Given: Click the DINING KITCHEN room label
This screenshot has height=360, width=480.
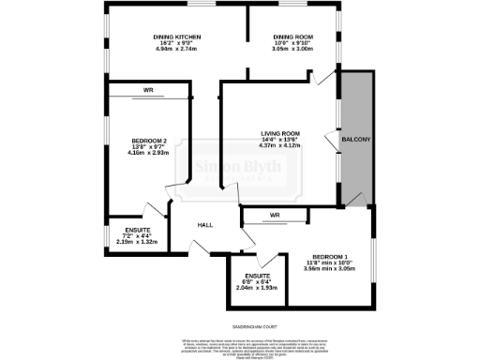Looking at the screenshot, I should [x=177, y=37].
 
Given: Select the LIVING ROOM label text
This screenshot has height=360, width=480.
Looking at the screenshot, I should [x=279, y=134].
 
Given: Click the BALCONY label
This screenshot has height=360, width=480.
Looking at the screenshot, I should [x=356, y=140].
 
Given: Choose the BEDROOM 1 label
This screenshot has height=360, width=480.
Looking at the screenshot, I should [x=330, y=256].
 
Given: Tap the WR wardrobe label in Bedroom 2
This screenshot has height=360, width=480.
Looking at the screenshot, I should [x=148, y=91].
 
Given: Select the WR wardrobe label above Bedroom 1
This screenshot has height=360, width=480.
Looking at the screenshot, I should [x=274, y=215].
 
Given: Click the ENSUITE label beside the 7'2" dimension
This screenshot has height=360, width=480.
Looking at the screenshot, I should [x=124, y=230].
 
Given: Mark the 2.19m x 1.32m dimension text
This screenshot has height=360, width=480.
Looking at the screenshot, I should [x=124, y=241].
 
